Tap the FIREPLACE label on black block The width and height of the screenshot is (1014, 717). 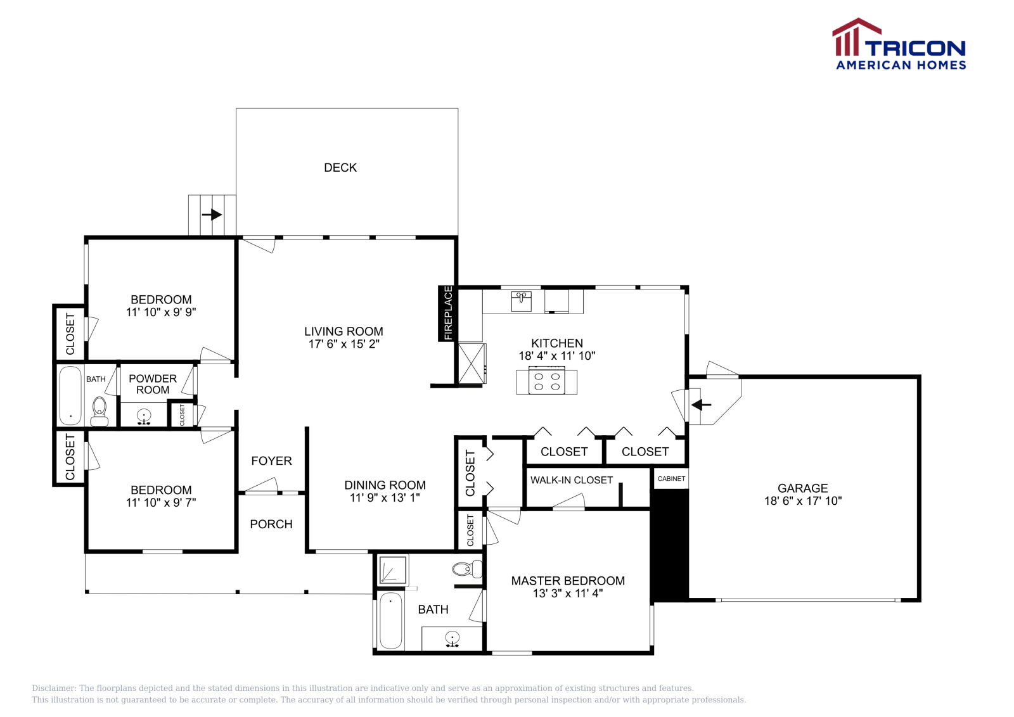pyautogui.click(x=448, y=314)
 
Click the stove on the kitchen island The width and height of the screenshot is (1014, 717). pyautogui.click(x=547, y=381)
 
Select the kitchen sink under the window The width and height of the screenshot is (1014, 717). pyautogui.click(x=522, y=301)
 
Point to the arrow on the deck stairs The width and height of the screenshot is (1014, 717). pyautogui.click(x=212, y=215)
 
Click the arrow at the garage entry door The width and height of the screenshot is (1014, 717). pyautogui.click(x=701, y=405)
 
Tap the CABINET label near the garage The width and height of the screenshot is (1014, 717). pyautogui.click(x=671, y=479)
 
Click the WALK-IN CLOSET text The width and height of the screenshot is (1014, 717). pyautogui.click(x=572, y=480)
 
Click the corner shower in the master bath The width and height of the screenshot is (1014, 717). pyautogui.click(x=392, y=570)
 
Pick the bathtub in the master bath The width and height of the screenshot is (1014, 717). pyautogui.click(x=391, y=621)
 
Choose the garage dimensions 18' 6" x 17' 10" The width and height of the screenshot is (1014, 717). pyautogui.click(x=803, y=501)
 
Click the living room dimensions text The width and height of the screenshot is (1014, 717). pyautogui.click(x=343, y=344)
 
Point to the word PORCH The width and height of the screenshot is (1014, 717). pyautogui.click(x=271, y=524)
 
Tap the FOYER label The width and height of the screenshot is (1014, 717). pyautogui.click(x=271, y=461)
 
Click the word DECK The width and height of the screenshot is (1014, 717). pyautogui.click(x=340, y=168)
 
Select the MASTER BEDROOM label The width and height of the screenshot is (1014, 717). pyautogui.click(x=568, y=581)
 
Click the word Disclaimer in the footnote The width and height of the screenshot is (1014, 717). pyautogui.click(x=54, y=688)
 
